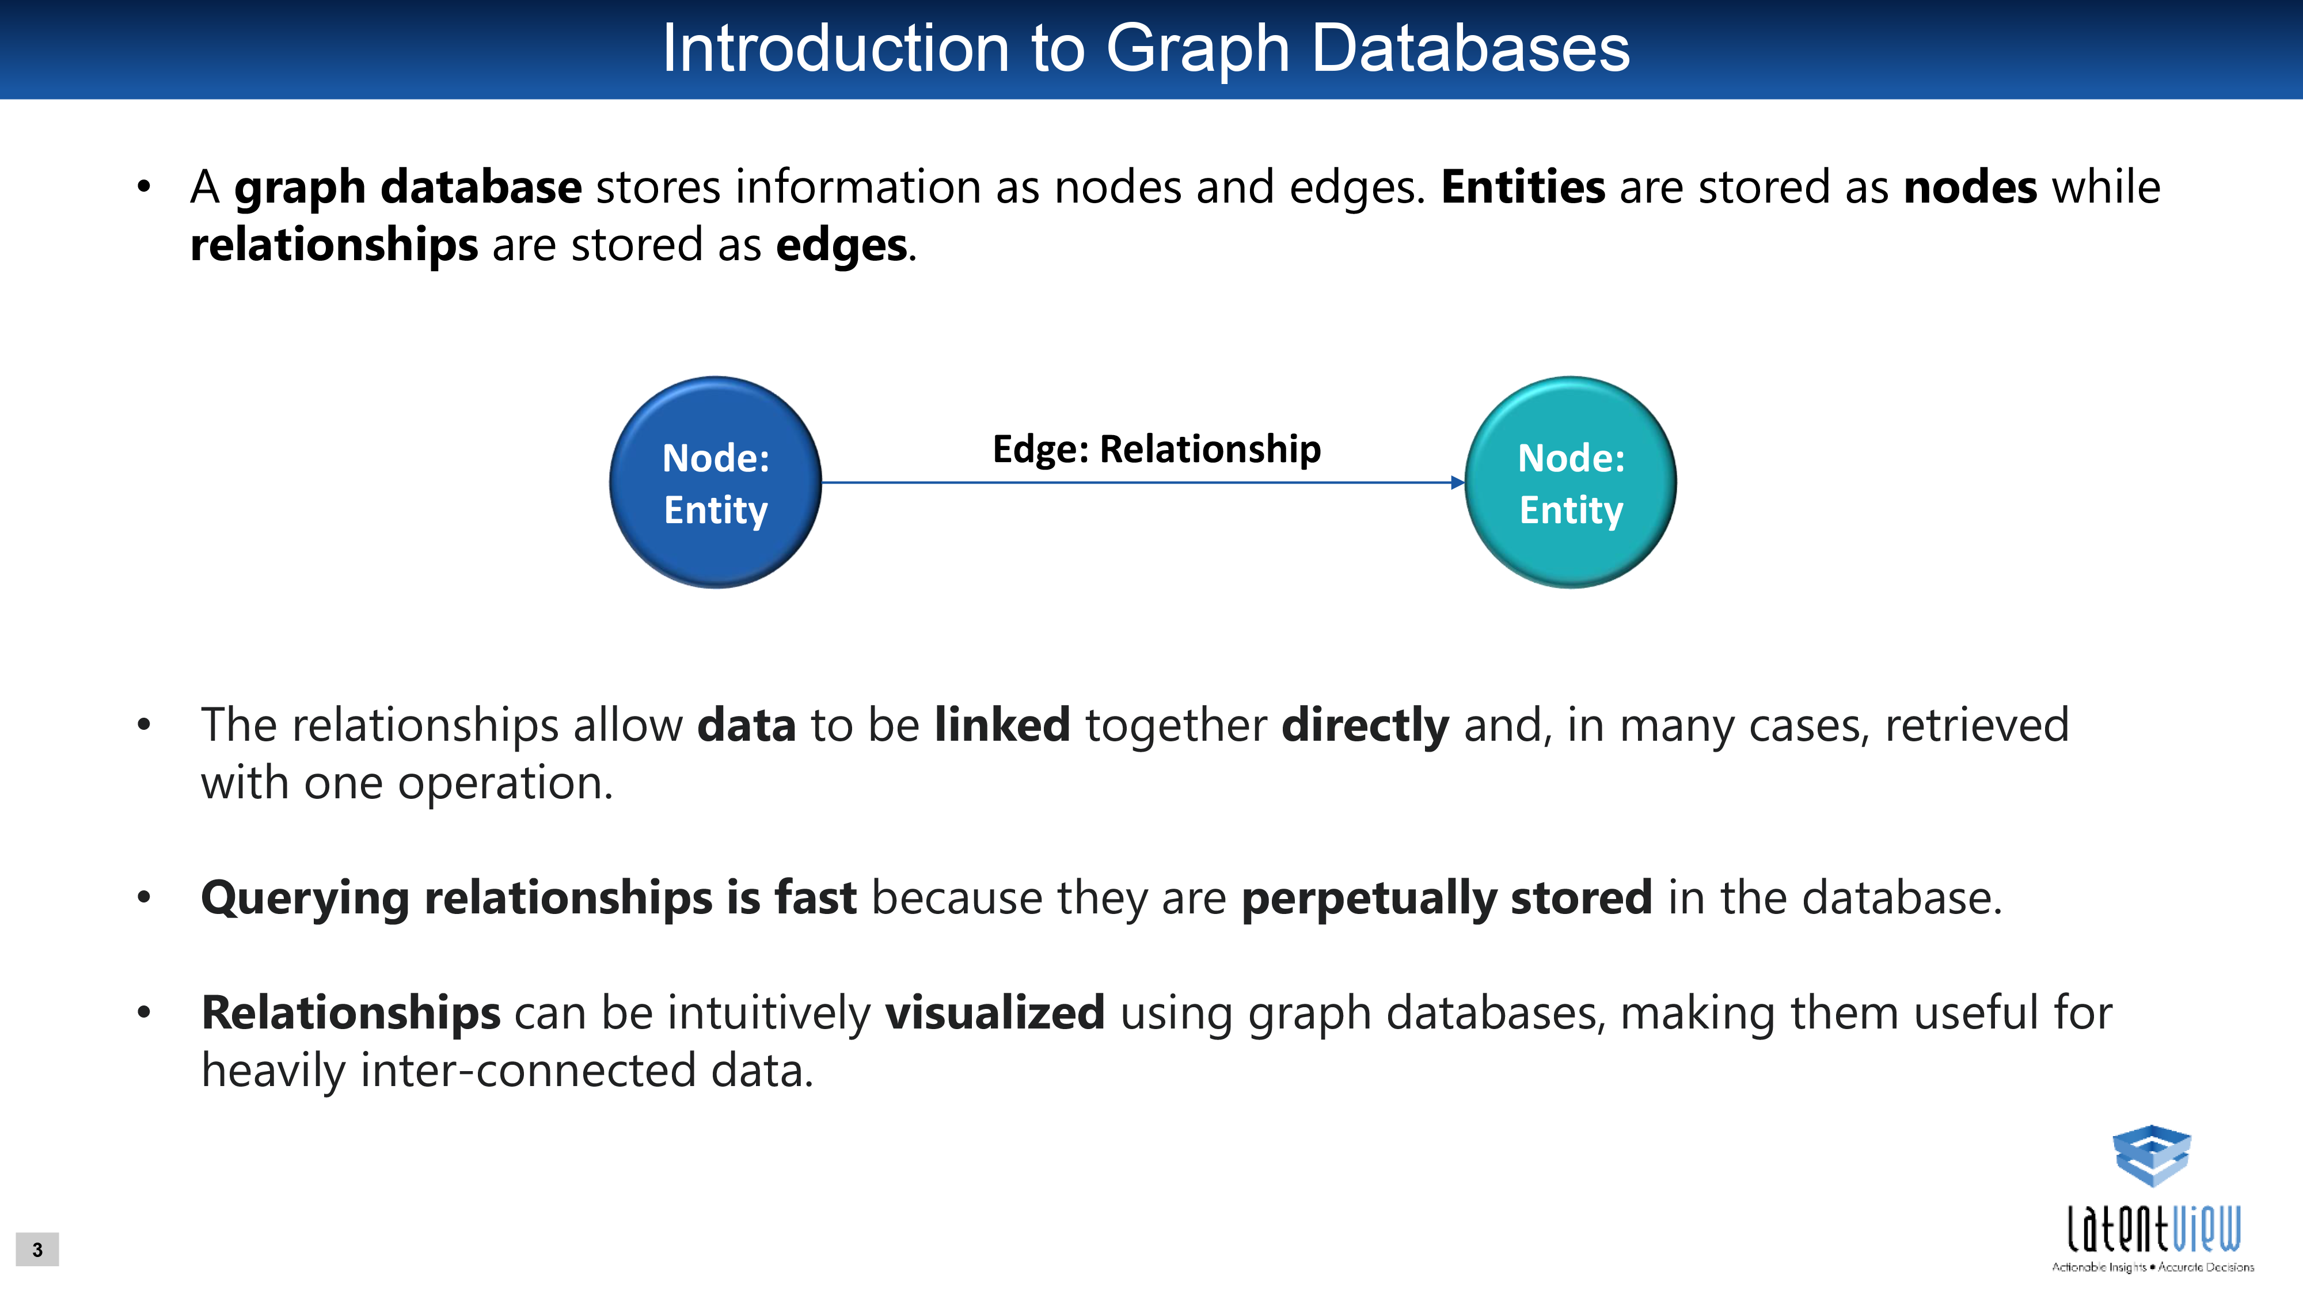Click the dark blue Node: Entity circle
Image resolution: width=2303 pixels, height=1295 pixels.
[715, 483]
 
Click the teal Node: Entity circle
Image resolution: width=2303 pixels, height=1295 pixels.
[1571, 483]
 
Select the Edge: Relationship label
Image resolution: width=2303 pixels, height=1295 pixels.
[1157, 450]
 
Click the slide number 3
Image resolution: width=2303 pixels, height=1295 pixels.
[37, 1250]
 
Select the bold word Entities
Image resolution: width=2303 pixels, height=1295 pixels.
[1523, 188]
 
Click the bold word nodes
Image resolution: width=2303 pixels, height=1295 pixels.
[1970, 188]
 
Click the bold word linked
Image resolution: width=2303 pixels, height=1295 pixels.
[1002, 724]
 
